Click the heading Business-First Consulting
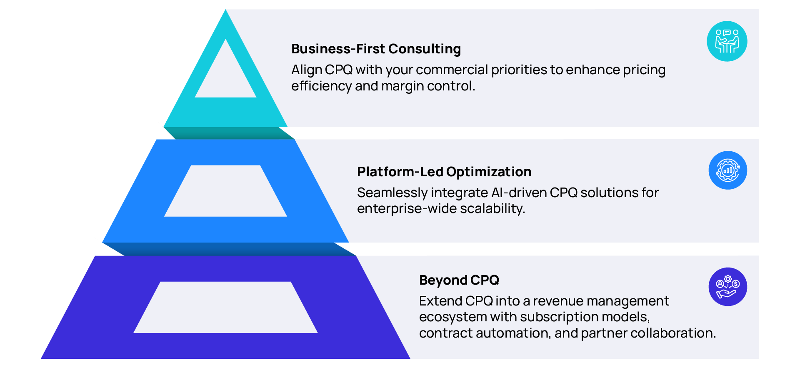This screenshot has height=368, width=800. [376, 49]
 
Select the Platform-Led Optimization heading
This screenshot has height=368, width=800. [444, 172]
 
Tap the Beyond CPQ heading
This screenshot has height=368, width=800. [459, 280]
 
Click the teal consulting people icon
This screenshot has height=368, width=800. [727, 41]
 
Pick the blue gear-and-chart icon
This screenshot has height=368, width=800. [728, 170]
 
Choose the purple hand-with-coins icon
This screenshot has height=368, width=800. [728, 287]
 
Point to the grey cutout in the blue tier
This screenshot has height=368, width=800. [225, 191]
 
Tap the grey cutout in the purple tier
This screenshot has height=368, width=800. [225, 307]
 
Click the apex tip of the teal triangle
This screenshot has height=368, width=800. [225, 10]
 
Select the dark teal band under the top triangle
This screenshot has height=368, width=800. [229, 133]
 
